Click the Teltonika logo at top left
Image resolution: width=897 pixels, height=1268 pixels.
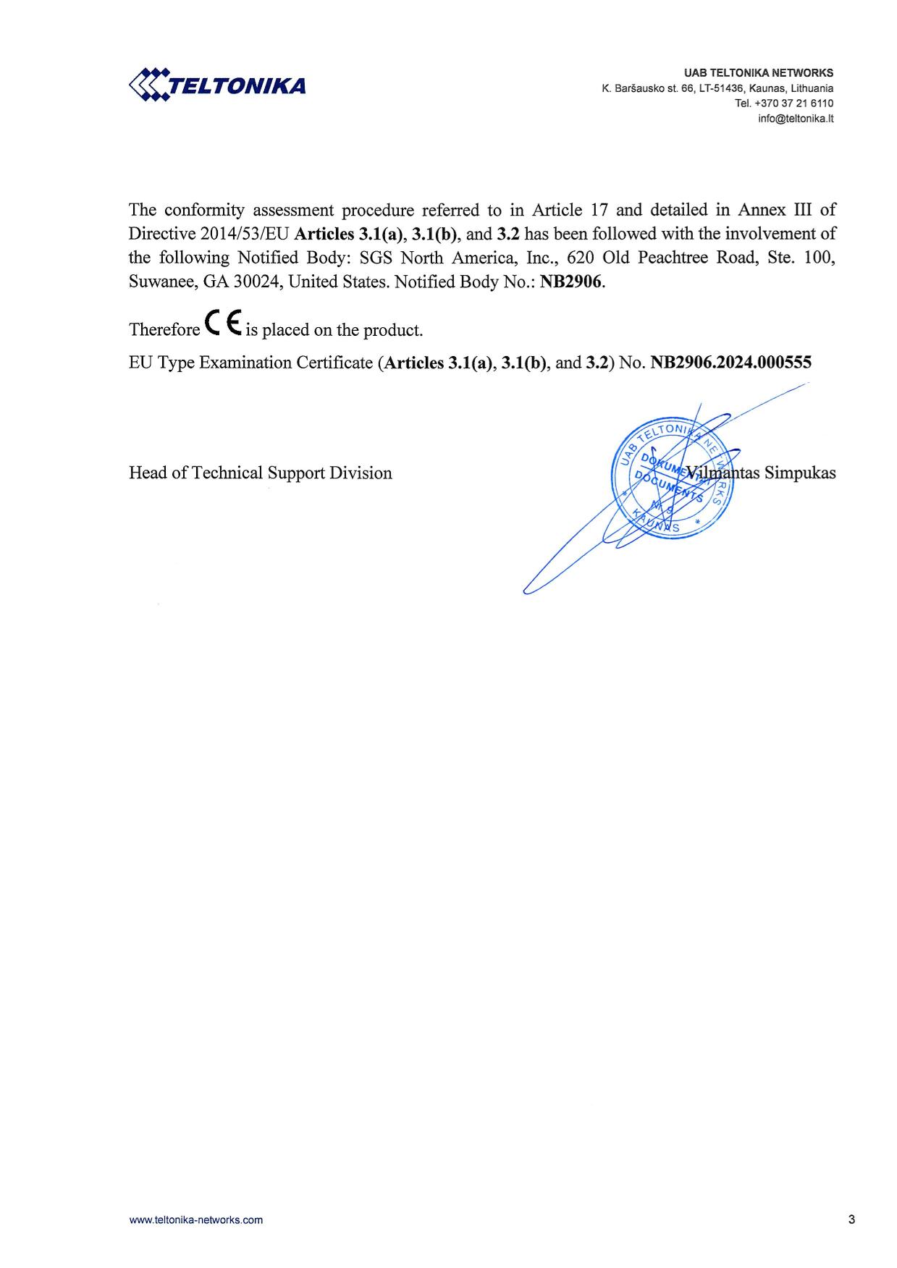[217, 85]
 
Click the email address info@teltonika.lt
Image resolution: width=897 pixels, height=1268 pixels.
[796, 119]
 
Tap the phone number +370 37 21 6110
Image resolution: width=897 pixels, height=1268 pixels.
[793, 103]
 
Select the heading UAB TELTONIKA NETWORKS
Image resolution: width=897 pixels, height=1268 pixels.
[759, 73]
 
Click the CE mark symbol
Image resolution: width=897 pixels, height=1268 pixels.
[223, 324]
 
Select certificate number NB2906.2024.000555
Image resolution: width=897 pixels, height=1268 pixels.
[730, 363]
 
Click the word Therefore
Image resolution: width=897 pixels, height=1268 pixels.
[164, 330]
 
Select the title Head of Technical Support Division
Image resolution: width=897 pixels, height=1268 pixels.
[261, 473]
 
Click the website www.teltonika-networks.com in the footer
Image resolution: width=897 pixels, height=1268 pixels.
[196, 1220]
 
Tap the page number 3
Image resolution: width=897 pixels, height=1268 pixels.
[851, 1220]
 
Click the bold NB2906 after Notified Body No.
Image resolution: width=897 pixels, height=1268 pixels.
[571, 282]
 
